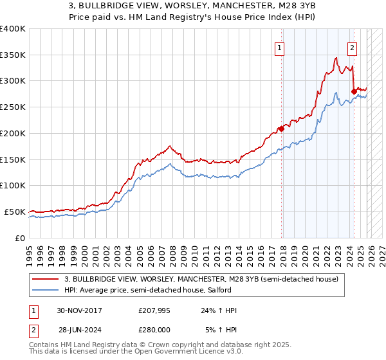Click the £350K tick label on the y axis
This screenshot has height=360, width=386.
click(13, 55)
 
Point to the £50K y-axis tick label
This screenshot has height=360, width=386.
click(15, 212)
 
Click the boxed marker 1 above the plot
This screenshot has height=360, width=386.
click(280, 46)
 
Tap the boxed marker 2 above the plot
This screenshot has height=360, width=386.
click(353, 46)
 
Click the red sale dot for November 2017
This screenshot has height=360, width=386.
click(282, 129)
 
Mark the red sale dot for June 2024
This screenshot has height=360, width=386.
click(354, 91)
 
